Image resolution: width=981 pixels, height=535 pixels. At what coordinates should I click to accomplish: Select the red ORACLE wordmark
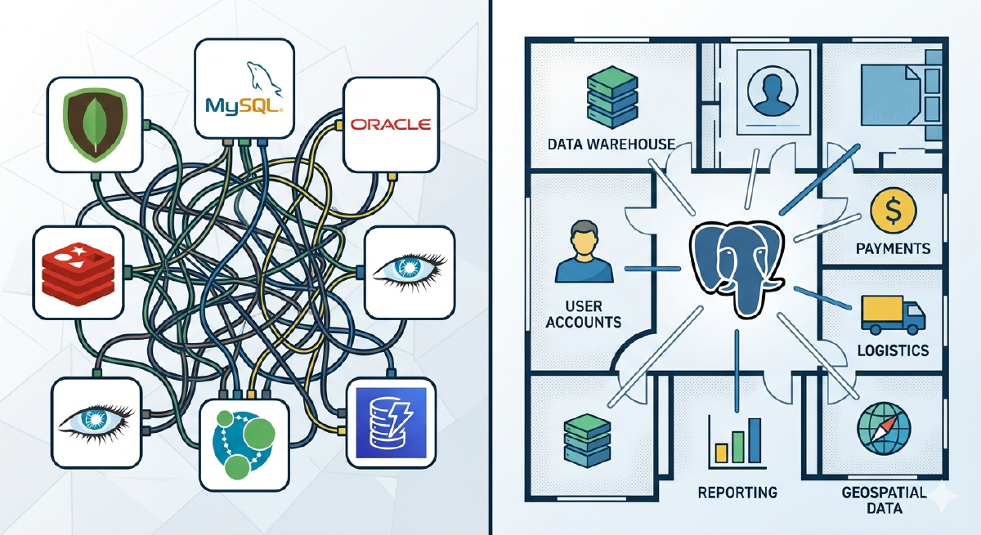[x=389, y=124]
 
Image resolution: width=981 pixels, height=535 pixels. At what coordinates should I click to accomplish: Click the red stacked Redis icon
[x=78, y=273]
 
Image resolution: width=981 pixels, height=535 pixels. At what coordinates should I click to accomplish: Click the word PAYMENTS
[x=893, y=247]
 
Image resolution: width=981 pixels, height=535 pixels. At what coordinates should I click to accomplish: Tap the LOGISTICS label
[x=893, y=350]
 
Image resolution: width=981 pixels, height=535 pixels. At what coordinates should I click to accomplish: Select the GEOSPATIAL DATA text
[x=883, y=500]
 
